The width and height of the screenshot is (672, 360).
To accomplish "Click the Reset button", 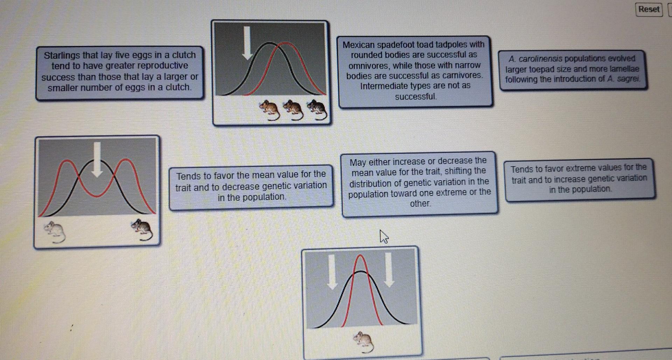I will click(649, 9).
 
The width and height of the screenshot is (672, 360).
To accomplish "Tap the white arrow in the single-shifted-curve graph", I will click(247, 42).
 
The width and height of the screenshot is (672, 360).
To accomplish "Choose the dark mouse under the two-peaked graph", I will click(142, 230).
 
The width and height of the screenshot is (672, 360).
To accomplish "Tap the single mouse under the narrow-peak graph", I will click(364, 341).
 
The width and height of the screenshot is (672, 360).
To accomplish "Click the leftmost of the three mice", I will click(270, 110).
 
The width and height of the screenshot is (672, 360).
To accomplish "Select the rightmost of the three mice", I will click(317, 110).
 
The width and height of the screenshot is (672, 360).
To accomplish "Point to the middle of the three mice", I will click(294, 110).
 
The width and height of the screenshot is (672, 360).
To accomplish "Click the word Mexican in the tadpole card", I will click(358, 45).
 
